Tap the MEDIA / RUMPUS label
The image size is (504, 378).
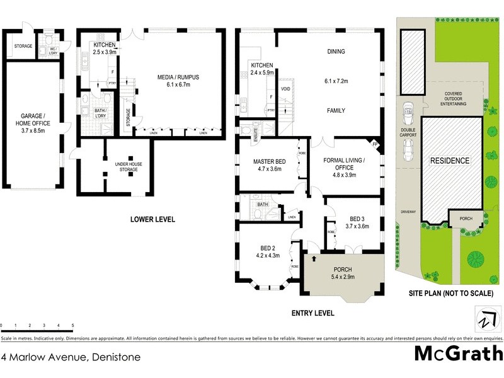(x=178, y=77)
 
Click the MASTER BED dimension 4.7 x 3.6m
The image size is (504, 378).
(x=270, y=169)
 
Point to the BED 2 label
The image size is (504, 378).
(x=266, y=248)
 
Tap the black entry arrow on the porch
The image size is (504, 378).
(x=314, y=259)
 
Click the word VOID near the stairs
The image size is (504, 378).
(x=285, y=89)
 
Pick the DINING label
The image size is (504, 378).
(x=336, y=52)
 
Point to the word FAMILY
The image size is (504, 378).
(x=336, y=110)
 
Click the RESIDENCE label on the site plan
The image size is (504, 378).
(x=450, y=161)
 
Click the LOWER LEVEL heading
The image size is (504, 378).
(x=152, y=219)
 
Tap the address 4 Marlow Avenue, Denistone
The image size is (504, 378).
(x=71, y=357)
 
